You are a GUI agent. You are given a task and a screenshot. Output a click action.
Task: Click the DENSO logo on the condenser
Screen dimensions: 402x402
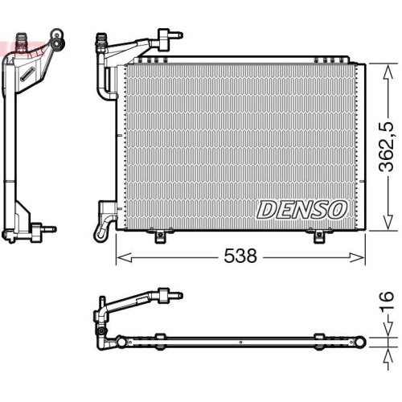(301, 209)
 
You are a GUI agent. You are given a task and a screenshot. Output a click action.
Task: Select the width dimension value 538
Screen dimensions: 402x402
(241, 256)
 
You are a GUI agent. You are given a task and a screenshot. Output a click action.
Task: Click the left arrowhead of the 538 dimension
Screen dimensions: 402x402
(121, 256)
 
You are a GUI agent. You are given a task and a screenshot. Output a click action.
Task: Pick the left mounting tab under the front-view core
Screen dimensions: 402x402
(160, 236)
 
